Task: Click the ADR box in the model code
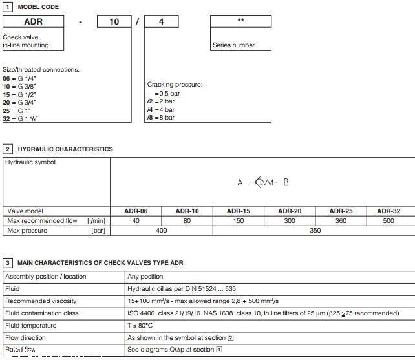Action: click(34, 22)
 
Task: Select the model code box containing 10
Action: click(114, 22)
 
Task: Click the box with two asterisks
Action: click(240, 22)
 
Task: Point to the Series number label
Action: click(233, 45)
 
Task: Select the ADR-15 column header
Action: click(238, 211)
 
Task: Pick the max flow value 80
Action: click(187, 221)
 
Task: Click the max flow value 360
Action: click(340, 221)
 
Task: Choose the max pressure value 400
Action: click(161, 231)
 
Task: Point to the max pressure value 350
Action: click(315, 231)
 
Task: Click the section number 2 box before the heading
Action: click(8, 149)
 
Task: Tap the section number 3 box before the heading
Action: click(8, 263)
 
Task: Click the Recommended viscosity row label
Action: click(40, 301)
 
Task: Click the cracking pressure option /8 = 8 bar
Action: click(161, 117)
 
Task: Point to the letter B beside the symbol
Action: click(286, 182)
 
